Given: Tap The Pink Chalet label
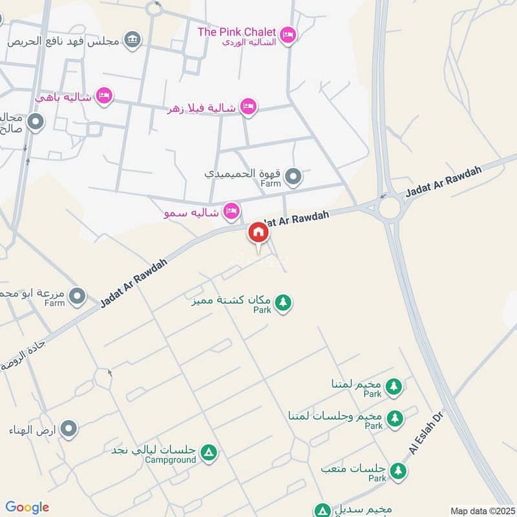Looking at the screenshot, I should (237, 32).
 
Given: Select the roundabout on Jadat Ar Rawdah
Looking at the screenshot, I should (390, 208).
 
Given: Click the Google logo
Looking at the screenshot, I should (26, 507).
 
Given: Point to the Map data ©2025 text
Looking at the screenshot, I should (482, 511).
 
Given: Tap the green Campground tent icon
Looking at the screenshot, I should (208, 453).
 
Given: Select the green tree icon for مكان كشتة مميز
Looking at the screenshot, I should (283, 302).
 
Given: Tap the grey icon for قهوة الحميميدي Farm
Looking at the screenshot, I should (294, 176).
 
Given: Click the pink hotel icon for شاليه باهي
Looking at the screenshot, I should (103, 96).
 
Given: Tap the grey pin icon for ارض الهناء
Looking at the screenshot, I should (69, 429).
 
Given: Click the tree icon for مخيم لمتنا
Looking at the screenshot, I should (394, 386).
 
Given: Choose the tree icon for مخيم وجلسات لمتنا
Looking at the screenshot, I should (394, 418).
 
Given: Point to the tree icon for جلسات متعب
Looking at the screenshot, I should (398, 471).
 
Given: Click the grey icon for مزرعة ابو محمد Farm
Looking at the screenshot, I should (78, 297).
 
